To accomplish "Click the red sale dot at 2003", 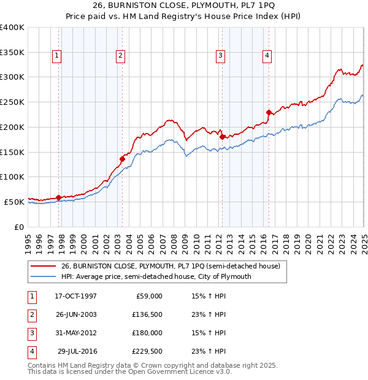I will [x=123, y=159].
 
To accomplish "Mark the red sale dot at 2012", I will [x=222, y=137].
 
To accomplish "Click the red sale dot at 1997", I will [x=59, y=197].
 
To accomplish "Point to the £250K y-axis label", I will [x=12, y=102].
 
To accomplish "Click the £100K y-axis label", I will [x=12, y=177].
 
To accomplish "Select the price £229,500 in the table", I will [x=147, y=351].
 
